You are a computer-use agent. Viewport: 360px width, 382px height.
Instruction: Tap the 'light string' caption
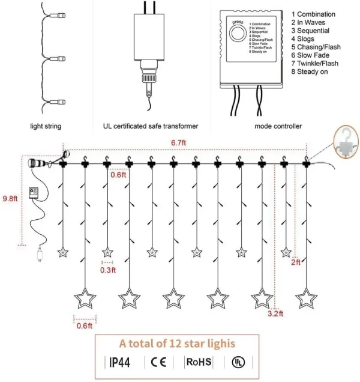(46, 126)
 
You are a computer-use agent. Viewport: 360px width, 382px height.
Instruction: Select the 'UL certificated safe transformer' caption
(146, 126)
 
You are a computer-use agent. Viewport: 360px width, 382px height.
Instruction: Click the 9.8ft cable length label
(10, 198)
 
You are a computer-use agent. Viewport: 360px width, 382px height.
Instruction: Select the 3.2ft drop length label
(275, 314)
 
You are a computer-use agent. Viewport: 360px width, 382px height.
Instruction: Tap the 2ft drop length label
(296, 262)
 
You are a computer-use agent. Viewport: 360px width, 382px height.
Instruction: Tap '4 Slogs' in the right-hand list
(308, 38)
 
